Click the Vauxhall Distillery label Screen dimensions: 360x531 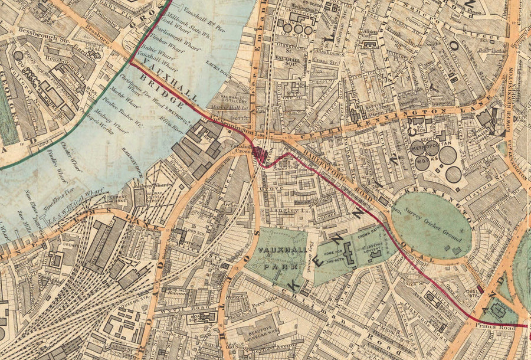point(235,99)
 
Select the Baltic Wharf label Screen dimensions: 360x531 point(151,51)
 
